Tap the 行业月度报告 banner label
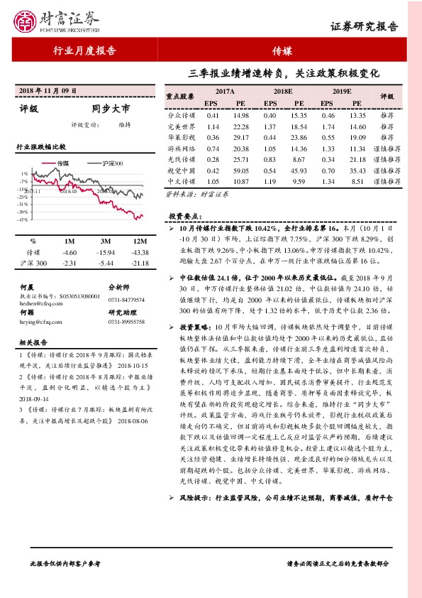[x=84, y=50]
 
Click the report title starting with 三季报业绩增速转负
[x=284, y=73]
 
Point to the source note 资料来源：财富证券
[x=188, y=192]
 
